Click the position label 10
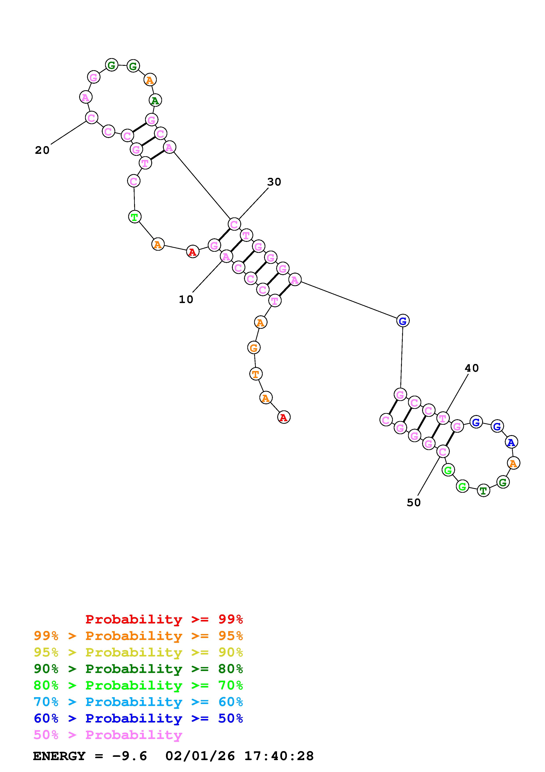186,299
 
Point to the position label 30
274,182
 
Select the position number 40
471,368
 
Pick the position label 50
414,502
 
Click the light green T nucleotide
134,217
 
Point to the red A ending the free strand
284,417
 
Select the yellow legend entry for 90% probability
138,652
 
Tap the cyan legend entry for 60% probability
138,702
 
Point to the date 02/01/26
200,756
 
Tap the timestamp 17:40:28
279,756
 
